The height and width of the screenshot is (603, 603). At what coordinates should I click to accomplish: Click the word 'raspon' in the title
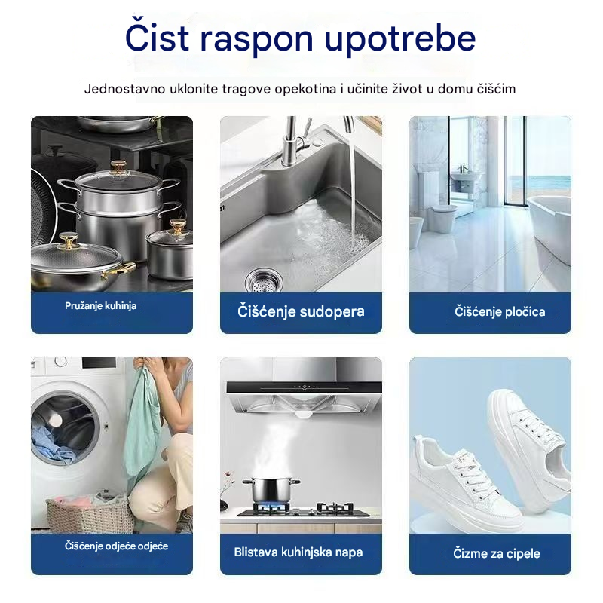(x=256, y=38)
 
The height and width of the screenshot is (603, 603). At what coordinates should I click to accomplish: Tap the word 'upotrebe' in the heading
(x=400, y=38)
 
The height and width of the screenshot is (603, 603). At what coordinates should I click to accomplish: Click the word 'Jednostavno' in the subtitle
(x=124, y=89)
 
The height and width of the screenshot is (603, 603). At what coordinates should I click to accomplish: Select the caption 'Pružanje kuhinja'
(x=100, y=306)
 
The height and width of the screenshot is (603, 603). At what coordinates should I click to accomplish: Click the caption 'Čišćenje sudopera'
(x=301, y=311)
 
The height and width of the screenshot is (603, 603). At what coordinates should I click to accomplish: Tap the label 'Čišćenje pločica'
(x=500, y=311)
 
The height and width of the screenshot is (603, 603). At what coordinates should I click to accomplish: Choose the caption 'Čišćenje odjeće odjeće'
(x=116, y=546)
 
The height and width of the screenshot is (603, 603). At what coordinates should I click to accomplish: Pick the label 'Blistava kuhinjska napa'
(x=298, y=552)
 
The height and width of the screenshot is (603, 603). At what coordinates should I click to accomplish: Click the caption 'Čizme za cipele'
(x=497, y=553)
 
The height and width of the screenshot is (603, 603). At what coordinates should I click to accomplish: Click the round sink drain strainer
(x=263, y=280)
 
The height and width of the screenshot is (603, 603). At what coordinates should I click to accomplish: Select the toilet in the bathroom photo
(x=443, y=217)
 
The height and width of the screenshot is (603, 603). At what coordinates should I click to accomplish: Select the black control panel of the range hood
(x=304, y=387)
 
